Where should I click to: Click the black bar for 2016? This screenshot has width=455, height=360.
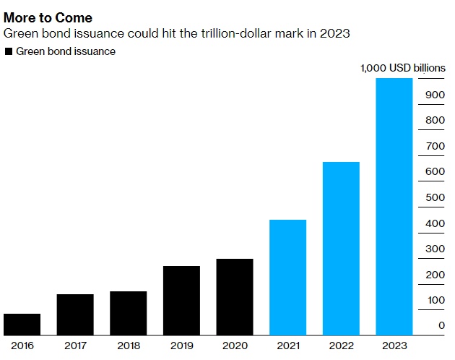tap(22, 325)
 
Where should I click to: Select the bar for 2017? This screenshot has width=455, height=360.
tap(75, 314)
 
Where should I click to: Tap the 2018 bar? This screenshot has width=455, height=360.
tap(128, 313)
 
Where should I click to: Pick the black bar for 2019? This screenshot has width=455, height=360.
tap(181, 301)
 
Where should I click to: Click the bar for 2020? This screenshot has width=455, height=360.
tap(235, 297)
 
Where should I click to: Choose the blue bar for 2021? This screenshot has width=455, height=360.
tap(287, 278)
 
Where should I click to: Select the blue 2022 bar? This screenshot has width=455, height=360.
tap(341, 249)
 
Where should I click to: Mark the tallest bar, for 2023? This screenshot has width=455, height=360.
tap(394, 207)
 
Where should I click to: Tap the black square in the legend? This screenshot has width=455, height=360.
tap(8, 51)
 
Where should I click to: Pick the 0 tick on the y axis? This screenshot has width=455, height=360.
tap(441, 326)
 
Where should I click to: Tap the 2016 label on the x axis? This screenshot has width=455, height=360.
tap(22, 346)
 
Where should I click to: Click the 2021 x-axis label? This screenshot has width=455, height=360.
tap(287, 346)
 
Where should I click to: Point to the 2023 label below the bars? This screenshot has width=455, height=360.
tap(394, 346)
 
